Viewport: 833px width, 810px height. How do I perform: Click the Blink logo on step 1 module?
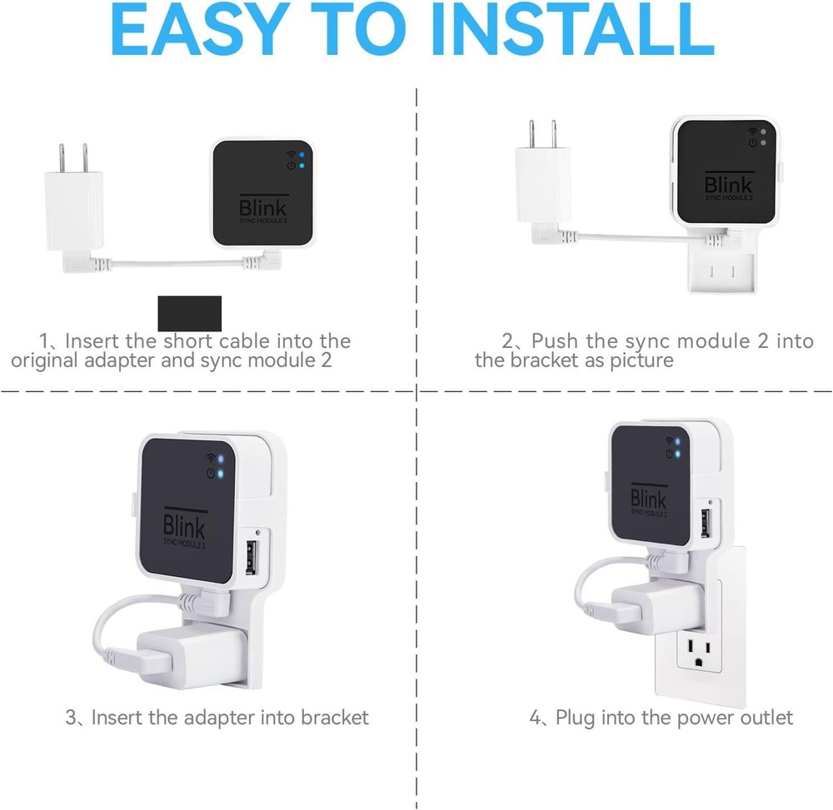click(263, 206)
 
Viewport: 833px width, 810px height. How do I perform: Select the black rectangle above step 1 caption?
click(190, 313)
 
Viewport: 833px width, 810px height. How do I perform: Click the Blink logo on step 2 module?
click(728, 184)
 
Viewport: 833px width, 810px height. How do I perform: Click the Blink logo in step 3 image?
click(184, 528)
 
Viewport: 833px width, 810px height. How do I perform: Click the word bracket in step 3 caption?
click(330, 717)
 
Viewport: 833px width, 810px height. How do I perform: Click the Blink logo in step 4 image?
click(648, 499)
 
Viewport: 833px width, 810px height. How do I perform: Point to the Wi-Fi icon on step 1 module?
click(291, 154)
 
